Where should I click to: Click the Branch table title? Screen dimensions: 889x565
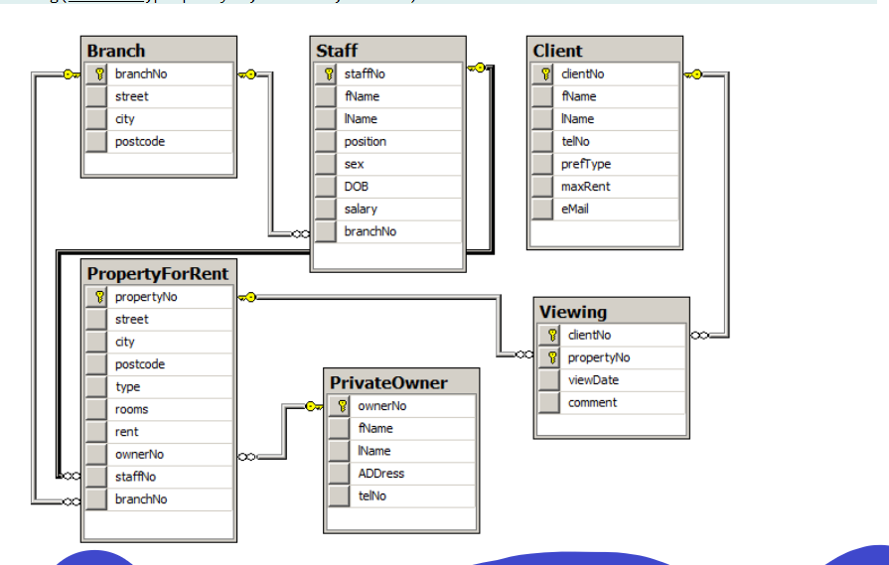click(116, 51)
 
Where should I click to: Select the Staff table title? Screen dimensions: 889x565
click(337, 51)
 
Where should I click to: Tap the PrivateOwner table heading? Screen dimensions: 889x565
click(388, 382)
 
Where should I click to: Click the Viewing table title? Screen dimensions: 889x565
click(572, 312)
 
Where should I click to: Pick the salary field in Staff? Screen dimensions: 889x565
click(361, 209)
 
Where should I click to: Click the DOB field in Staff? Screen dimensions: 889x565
click(357, 186)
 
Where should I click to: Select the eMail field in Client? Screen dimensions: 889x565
click(575, 209)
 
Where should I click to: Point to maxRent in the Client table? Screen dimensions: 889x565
click(585, 186)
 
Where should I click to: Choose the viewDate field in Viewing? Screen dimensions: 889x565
click(593, 379)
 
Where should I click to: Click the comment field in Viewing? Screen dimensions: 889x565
click(592, 402)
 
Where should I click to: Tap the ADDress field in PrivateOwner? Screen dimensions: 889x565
click(381, 474)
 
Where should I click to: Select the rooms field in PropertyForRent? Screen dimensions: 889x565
click(131, 409)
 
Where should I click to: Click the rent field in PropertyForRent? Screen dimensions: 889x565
click(126, 432)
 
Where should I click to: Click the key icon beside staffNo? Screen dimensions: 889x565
click(327, 73)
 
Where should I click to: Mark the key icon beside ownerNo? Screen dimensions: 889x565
click(341, 406)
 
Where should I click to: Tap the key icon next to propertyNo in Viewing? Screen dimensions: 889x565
click(551, 357)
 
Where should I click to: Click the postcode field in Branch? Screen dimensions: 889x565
click(140, 141)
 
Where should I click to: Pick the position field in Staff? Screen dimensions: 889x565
click(365, 141)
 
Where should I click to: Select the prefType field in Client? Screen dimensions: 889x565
click(586, 164)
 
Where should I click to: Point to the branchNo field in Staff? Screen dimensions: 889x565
click(370, 231)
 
